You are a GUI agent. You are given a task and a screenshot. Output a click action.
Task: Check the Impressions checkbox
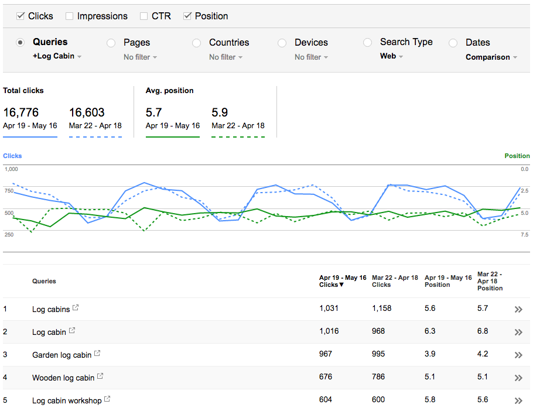70,16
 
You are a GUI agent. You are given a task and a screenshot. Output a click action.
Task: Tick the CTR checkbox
144,16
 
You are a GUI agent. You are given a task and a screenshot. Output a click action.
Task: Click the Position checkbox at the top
187,16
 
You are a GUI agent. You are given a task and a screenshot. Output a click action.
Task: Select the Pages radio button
111,43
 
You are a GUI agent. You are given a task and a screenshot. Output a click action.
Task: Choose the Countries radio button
196,43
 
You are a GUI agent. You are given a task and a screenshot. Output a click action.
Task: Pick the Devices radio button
282,43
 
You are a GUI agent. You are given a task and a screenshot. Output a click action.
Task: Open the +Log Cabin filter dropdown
57,57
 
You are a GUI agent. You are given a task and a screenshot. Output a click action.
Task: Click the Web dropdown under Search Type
392,57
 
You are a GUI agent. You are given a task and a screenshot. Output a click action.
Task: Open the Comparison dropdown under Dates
491,57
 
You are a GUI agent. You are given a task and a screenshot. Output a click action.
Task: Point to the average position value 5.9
220,112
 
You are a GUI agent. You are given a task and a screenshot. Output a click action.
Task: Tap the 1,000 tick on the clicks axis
11,169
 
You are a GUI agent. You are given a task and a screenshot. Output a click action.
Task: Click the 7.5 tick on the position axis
524,235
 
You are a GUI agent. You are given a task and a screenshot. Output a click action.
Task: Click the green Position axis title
517,156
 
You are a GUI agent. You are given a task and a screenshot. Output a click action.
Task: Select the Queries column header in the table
44,281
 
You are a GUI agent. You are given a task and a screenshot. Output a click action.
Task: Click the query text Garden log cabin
61,355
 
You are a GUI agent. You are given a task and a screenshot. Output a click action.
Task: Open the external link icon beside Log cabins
76,308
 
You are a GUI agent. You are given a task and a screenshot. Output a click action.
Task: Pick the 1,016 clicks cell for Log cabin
329,331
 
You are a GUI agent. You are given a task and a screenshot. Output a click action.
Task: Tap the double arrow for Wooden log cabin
518,378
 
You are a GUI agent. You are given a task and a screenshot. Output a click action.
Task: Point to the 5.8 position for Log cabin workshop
430,399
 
